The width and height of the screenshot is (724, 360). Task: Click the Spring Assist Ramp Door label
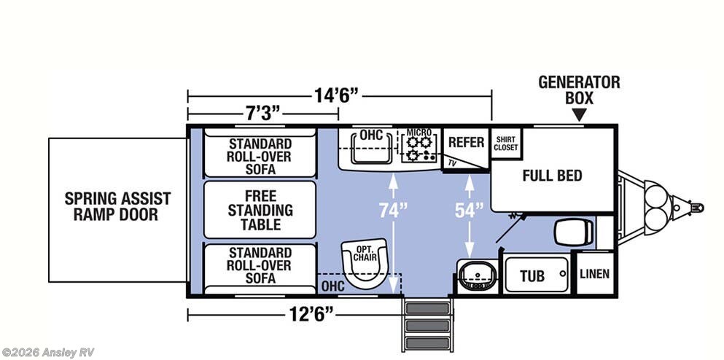117,206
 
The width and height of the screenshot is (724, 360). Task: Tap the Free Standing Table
260,210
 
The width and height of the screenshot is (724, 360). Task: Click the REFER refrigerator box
465,142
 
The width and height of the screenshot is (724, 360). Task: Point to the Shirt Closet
506,143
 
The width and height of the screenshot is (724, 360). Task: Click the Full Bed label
552,176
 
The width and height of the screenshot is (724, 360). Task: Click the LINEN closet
594,274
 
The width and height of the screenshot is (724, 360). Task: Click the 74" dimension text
394,211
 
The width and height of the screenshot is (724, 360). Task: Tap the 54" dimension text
470,211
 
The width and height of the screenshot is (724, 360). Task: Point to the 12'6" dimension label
309,314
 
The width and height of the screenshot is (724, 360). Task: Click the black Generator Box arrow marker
579,114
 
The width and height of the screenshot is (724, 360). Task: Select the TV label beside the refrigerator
452,162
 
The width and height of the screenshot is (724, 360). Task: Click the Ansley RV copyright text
49,353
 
